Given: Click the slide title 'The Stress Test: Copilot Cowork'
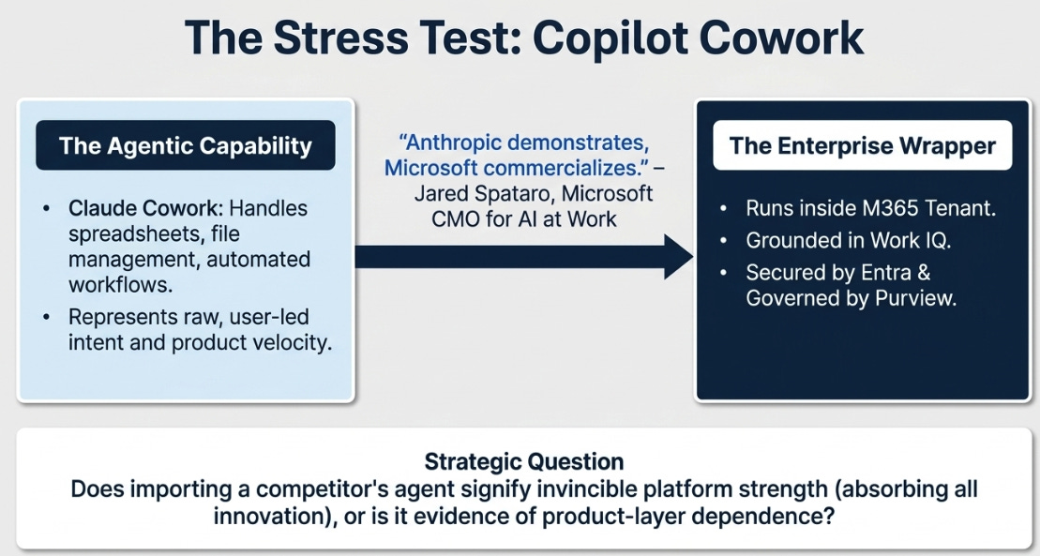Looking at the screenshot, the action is tap(524, 38).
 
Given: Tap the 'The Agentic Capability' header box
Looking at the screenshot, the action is tap(185, 145).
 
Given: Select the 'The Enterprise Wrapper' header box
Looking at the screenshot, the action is tap(862, 145).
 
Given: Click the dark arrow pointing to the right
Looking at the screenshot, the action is tap(524, 256).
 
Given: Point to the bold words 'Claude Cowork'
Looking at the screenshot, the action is tap(143, 208).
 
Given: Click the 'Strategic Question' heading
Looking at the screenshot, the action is tap(524, 461).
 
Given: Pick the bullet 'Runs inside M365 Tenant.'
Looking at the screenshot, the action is tap(871, 208).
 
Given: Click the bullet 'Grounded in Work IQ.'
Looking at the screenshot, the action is tap(849, 240).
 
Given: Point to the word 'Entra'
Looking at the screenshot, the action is tap(889, 273).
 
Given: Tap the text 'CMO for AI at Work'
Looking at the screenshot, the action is tap(524, 219).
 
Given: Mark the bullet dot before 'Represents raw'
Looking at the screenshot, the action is tap(46, 317).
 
